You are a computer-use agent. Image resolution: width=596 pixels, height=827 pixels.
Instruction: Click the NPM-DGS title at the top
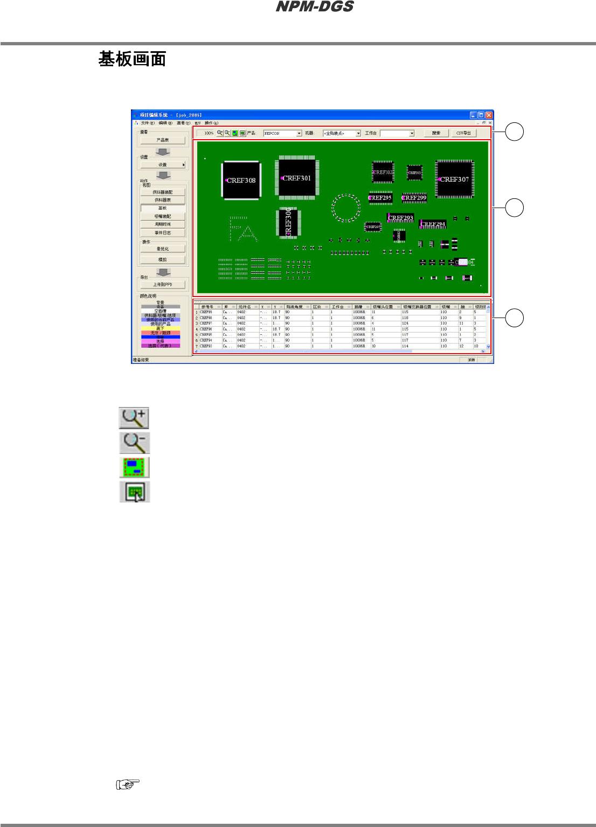pos(315,6)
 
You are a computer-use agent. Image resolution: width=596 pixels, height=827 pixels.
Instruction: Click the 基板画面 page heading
pos(132,59)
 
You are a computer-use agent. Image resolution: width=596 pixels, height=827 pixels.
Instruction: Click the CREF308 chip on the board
pos(241,180)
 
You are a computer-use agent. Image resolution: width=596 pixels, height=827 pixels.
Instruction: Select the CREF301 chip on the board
pos(296,177)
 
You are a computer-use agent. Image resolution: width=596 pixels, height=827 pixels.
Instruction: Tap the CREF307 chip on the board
pos(454,179)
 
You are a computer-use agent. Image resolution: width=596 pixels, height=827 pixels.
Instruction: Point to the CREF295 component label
pos(380,198)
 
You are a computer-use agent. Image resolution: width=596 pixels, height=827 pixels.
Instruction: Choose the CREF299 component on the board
pos(414,198)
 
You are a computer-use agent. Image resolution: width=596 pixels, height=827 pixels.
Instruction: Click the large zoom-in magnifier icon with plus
pos(134,417)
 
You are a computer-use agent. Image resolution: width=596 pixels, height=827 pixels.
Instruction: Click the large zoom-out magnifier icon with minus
pos(134,442)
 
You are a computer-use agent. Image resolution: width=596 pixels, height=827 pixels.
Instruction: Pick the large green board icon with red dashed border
pos(134,467)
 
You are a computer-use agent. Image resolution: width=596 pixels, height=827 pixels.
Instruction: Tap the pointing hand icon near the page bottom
pos(128,784)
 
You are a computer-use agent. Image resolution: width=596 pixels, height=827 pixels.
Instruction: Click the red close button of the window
pos(489,115)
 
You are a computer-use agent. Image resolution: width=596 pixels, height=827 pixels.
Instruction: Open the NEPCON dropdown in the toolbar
pos(282,133)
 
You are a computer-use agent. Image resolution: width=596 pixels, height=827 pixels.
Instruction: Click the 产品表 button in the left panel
pos(163,140)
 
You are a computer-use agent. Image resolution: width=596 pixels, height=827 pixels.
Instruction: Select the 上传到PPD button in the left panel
pos(163,285)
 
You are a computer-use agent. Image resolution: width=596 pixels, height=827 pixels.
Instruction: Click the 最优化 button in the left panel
pos(163,249)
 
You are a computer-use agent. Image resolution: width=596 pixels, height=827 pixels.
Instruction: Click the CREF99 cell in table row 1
pos(206,312)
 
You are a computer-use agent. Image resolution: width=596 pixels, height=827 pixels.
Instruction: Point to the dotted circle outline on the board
pos(345,208)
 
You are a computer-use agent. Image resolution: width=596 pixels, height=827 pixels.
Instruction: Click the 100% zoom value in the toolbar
pos(209,133)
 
